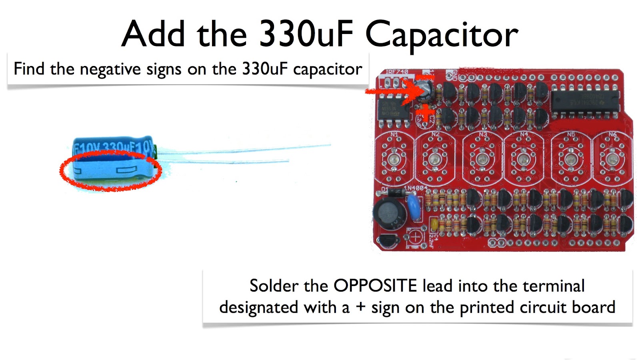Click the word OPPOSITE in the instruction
[x=375, y=286]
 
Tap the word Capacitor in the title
[x=442, y=35]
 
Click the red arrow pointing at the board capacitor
[x=390, y=92]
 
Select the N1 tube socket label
[x=394, y=134]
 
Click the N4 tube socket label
[x=524, y=134]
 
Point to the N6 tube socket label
[x=613, y=134]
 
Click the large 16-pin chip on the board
[x=585, y=100]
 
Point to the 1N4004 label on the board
[x=416, y=188]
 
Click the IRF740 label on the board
[x=397, y=72]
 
